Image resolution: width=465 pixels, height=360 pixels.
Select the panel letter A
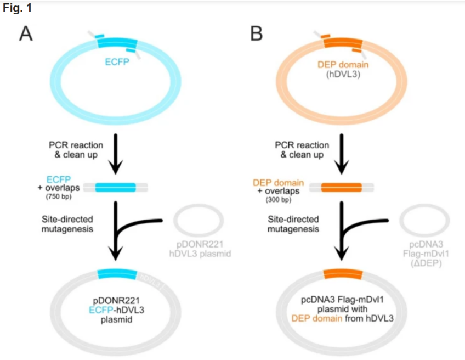[x=27, y=34]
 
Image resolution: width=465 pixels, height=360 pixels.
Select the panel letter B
[x=257, y=34]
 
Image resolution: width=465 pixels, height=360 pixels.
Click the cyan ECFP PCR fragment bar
[x=116, y=187]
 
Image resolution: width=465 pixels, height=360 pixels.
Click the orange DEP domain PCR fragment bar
[x=341, y=188]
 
